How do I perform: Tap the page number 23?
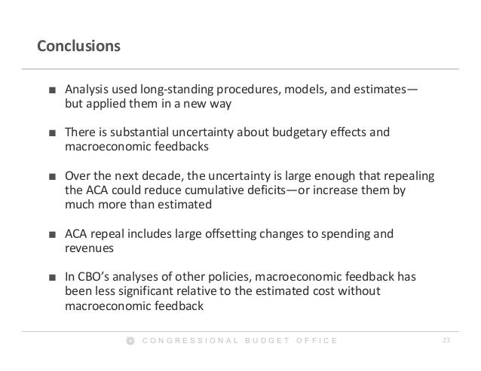tap(446, 341)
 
